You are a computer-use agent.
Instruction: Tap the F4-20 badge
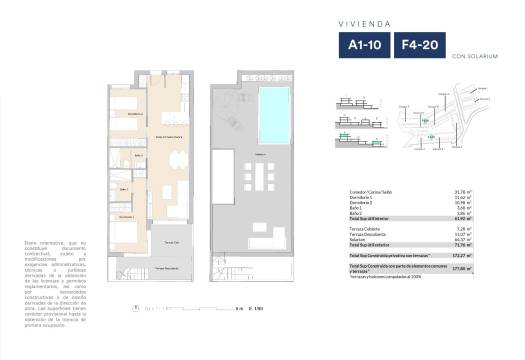[419, 44]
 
